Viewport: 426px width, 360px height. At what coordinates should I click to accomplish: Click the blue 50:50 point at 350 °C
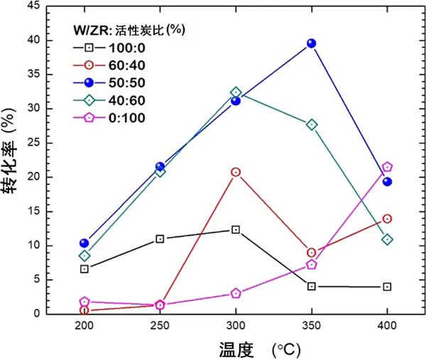coord(311,43)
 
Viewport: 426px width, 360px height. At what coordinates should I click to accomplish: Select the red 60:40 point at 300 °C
coord(236,172)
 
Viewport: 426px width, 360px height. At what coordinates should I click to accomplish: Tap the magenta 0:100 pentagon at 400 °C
coord(387,167)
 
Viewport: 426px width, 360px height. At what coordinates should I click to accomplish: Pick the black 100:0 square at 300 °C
coord(236,229)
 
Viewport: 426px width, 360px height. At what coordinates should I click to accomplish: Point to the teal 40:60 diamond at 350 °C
coord(311,124)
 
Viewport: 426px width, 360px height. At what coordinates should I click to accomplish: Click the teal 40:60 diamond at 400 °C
coord(387,239)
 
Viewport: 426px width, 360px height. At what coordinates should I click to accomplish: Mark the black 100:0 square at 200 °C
coord(84,269)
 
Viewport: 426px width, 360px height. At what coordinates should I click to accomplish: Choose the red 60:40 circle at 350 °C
coord(311,252)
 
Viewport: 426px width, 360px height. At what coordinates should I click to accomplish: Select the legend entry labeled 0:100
coord(109,117)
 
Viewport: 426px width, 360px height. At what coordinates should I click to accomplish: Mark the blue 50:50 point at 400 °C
coord(387,182)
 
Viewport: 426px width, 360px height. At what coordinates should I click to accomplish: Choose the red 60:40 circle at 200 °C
coord(84,310)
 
